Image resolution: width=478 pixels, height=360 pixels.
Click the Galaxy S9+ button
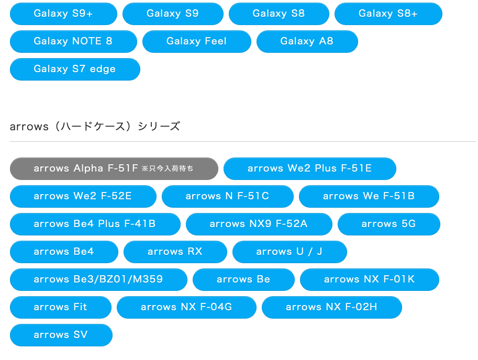63,14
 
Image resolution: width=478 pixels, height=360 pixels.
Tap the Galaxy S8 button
279,14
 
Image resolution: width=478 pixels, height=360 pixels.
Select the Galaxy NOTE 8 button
73,41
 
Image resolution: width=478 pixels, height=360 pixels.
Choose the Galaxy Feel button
196,41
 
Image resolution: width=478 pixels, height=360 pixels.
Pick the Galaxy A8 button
307,41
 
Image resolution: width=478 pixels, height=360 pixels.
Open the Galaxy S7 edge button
75,69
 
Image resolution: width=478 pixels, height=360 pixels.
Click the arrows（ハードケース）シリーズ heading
95,126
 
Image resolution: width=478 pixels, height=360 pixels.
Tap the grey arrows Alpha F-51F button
114,168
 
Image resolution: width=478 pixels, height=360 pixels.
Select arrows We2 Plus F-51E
309,168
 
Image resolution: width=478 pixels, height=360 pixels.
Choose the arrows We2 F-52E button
83,196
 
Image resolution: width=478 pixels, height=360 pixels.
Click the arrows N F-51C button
227,196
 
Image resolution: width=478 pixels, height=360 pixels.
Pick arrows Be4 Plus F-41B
95,224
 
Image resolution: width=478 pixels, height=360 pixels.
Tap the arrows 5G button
388,224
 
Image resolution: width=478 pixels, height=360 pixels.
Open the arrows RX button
175,252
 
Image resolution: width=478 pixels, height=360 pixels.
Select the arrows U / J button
289,252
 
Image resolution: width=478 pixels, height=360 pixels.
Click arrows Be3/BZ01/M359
98,279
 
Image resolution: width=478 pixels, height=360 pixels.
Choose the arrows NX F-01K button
369,279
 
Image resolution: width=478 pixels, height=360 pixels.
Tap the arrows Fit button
61,307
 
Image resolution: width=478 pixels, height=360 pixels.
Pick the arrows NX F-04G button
186,307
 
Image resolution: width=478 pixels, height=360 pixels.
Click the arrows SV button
61,335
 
